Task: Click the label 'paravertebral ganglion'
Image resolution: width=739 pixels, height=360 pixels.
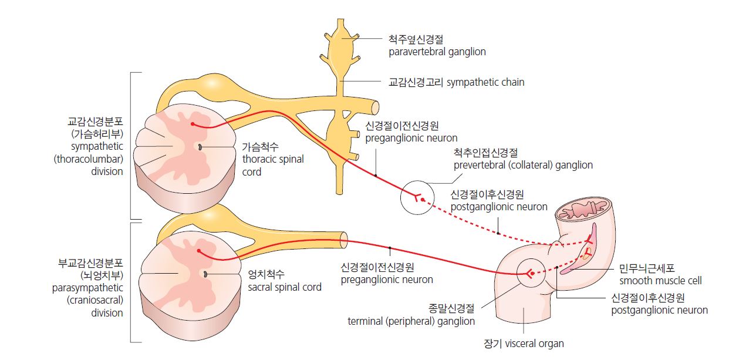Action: click(437, 52)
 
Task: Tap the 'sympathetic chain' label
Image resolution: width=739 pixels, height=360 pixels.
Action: click(486, 82)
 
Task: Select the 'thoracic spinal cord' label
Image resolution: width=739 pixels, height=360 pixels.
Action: click(273, 159)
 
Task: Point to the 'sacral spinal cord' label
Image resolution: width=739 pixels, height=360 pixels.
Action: click(285, 287)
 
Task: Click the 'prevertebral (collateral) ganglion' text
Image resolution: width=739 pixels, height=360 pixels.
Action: click(523, 165)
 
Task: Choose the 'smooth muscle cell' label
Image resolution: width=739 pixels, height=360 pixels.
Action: click(660, 281)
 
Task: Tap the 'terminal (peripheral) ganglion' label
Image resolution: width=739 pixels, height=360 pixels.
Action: click(411, 321)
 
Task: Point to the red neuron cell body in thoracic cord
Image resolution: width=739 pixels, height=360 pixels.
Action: click(192, 124)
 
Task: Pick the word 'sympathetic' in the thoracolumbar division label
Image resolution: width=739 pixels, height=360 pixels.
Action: click(98, 146)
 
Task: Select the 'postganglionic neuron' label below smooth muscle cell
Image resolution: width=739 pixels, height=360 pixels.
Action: click(659, 310)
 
